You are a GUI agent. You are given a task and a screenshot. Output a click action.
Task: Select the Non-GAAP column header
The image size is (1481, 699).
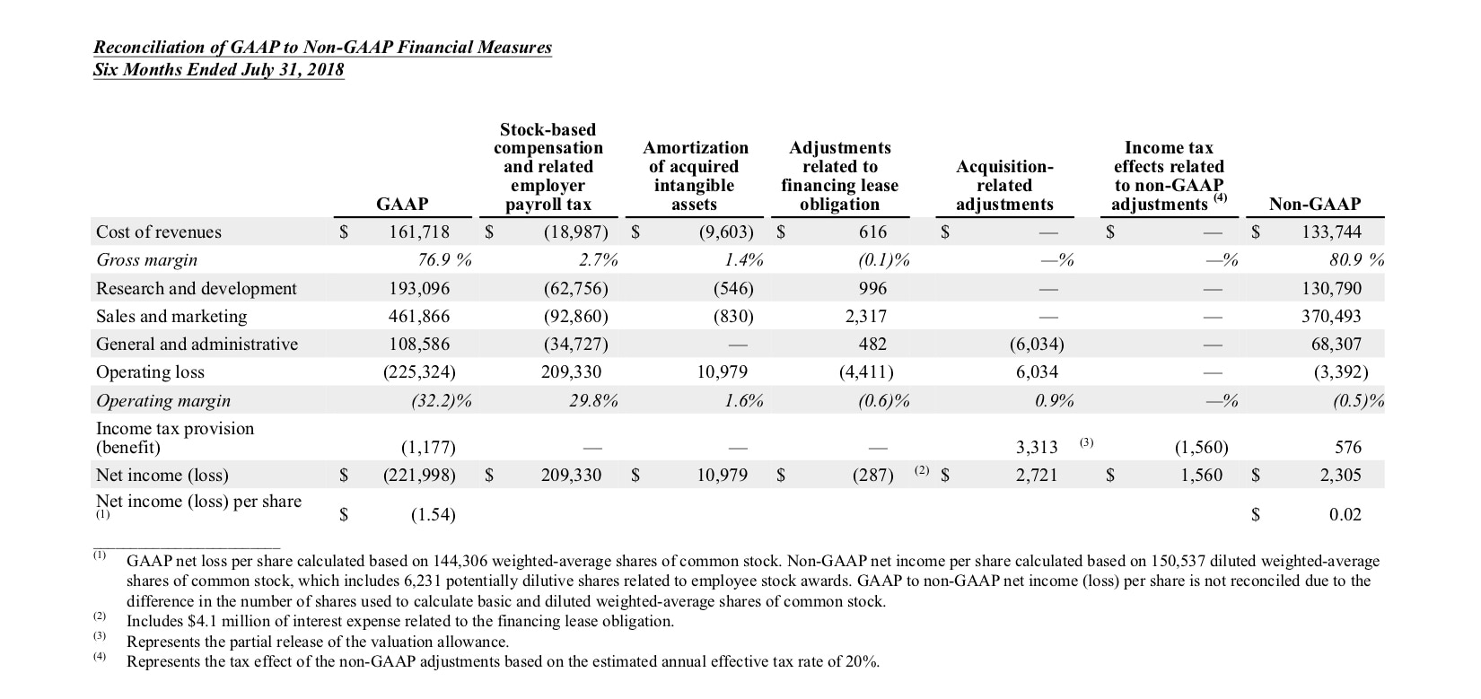(x=1314, y=204)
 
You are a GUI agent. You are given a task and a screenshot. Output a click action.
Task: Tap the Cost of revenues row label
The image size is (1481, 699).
(x=158, y=232)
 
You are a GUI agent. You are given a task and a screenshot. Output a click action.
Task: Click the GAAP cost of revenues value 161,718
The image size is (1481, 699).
(x=418, y=232)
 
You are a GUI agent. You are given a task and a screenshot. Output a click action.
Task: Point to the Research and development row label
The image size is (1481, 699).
(x=196, y=288)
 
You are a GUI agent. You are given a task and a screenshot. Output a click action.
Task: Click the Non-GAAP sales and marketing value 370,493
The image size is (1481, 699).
(x=1331, y=316)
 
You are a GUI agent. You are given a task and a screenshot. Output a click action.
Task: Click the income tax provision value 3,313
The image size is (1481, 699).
(x=1037, y=447)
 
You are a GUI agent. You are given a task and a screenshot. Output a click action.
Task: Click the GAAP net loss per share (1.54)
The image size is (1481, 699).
(x=433, y=515)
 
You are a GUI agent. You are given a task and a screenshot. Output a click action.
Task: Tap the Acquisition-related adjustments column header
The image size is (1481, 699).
(x=1004, y=186)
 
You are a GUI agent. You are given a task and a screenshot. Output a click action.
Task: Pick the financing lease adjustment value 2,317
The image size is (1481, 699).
(x=865, y=316)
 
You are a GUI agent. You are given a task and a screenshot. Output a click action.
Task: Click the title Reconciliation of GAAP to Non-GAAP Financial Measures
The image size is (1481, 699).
(x=323, y=48)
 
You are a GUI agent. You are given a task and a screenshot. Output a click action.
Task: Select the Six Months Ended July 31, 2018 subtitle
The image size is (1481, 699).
(x=218, y=70)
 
